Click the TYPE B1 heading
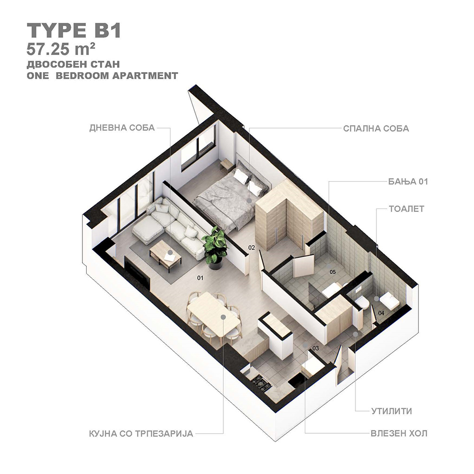pyautogui.click(x=74, y=30)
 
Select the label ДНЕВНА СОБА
pyautogui.click(x=122, y=128)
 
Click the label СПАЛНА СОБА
pyautogui.click(x=376, y=128)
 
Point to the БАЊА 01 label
pyautogui.click(x=408, y=182)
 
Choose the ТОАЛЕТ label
pyautogui.click(x=406, y=209)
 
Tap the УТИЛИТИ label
pyautogui.click(x=392, y=411)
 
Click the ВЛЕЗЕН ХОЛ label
pyautogui.click(x=399, y=433)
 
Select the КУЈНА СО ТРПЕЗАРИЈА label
pyautogui.click(x=141, y=434)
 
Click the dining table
pyautogui.click(x=213, y=314)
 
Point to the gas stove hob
pyautogui.click(x=260, y=383)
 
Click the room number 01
pyautogui.click(x=200, y=278)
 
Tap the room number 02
pyautogui.click(x=252, y=247)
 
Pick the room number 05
pyautogui.click(x=333, y=272)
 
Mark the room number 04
pyautogui.click(x=381, y=313)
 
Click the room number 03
pyautogui.click(x=316, y=348)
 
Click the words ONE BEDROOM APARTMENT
pyautogui.click(x=102, y=75)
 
